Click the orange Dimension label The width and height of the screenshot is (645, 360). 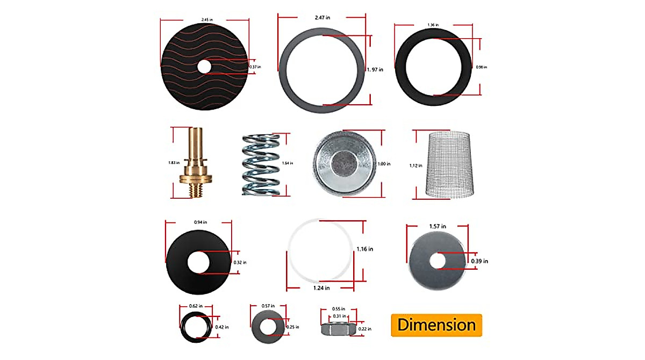point(436,325)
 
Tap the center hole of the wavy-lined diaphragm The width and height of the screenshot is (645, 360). point(204,67)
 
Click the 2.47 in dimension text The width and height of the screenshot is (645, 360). point(322,18)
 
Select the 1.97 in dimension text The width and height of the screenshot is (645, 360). point(375,69)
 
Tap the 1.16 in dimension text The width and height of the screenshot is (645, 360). point(364,249)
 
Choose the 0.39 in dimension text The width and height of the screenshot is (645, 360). point(479,261)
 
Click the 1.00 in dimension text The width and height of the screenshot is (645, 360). point(383,163)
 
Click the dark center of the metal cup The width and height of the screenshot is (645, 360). point(342,162)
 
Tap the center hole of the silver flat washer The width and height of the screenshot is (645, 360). point(438,261)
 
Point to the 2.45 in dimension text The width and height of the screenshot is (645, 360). point(206,20)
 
